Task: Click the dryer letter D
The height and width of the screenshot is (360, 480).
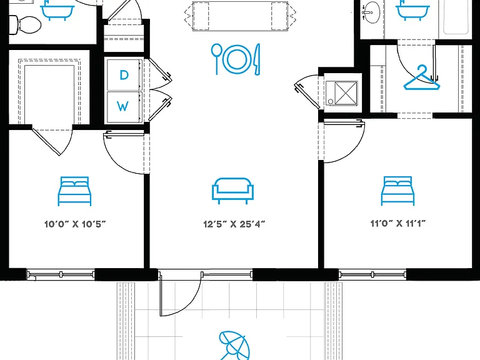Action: click(124, 75)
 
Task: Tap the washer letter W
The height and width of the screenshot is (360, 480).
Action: click(122, 106)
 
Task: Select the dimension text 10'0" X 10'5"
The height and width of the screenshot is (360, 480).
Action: click(75, 224)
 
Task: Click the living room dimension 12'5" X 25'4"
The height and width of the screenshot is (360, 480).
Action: click(234, 224)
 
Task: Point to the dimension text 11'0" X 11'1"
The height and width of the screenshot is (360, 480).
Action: click(398, 224)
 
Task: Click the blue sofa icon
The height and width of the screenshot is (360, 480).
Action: click(233, 191)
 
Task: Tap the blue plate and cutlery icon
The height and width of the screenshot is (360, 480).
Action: click(236, 59)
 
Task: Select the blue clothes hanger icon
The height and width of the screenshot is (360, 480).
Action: click(421, 77)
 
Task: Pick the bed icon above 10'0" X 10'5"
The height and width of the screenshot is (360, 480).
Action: click(75, 191)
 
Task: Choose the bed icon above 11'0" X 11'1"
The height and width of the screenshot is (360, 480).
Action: click(397, 191)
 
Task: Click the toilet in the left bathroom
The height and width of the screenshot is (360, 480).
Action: click(24, 24)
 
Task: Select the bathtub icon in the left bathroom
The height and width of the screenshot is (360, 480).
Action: click(57, 10)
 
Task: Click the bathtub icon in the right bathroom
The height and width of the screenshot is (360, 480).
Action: click(412, 10)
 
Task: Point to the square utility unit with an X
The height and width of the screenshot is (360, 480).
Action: click(341, 93)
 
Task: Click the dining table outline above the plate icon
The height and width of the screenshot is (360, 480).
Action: click(240, 16)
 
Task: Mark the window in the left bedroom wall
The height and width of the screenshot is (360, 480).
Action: click(61, 274)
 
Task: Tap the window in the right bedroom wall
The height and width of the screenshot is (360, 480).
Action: click(372, 274)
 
